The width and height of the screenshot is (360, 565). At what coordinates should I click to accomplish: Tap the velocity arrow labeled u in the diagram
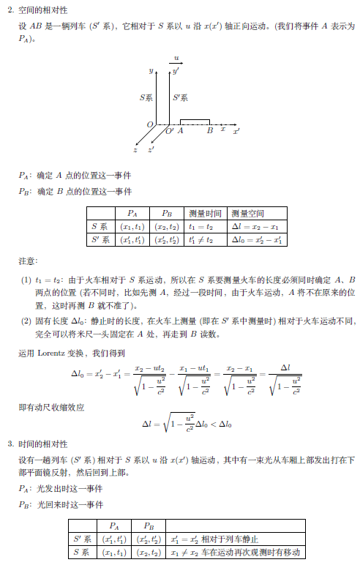(x=176, y=64)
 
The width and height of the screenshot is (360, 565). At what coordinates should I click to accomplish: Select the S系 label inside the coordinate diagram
(x=146, y=97)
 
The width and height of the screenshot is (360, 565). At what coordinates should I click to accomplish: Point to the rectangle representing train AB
(x=195, y=121)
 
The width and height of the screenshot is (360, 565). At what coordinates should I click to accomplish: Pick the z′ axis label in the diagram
(x=151, y=149)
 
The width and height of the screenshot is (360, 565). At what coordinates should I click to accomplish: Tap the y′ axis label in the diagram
(x=176, y=72)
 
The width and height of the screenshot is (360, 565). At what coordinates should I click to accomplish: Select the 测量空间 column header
(x=247, y=214)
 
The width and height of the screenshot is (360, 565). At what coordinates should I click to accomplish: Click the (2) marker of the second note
(x=26, y=321)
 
